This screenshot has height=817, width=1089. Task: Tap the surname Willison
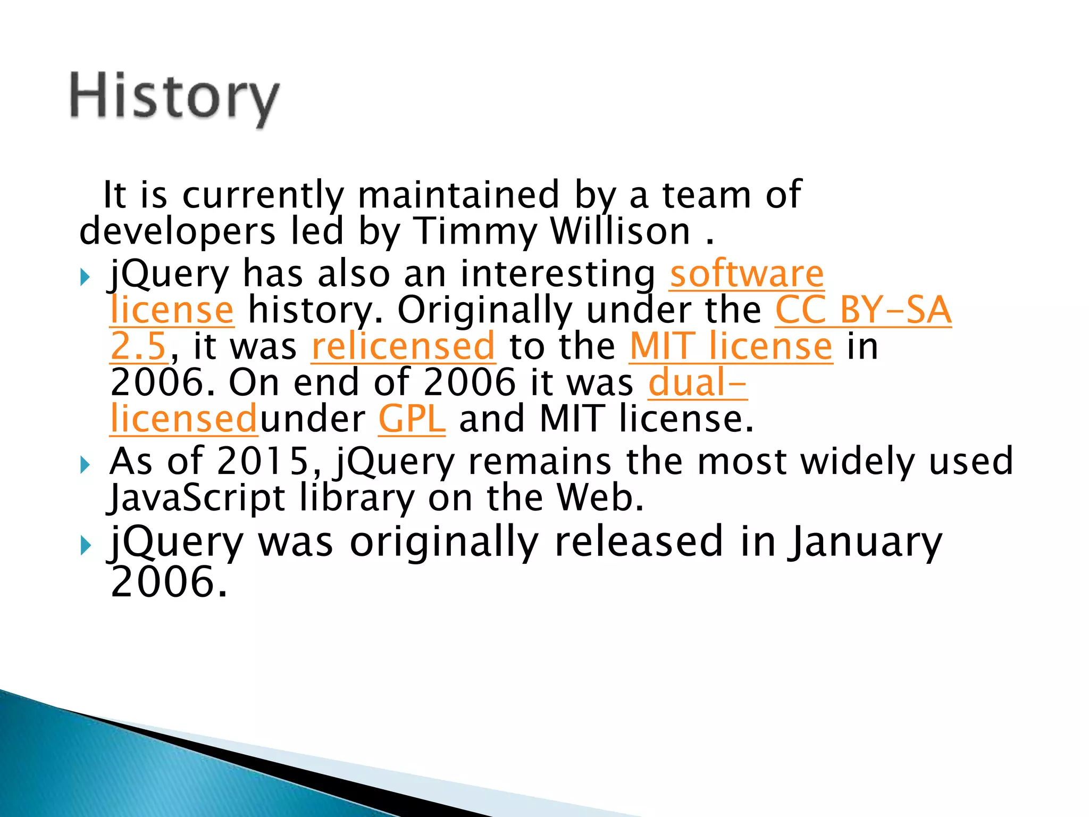click(620, 231)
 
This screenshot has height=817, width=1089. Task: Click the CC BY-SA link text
click(862, 310)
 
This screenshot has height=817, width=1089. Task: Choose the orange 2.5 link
click(139, 346)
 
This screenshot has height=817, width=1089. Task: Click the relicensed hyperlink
click(403, 346)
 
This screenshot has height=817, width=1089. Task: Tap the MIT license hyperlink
click(731, 346)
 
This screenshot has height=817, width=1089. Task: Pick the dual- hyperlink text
click(697, 382)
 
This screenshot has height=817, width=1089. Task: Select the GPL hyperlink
click(412, 419)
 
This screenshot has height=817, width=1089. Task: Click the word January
click(865, 541)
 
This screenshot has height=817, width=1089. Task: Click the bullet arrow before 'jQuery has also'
click(85, 277)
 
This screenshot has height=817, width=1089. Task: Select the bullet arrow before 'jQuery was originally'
click(85, 546)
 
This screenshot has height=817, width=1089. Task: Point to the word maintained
click(458, 195)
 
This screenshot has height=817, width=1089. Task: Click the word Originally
click(484, 310)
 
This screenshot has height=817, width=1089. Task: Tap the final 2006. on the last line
click(169, 582)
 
